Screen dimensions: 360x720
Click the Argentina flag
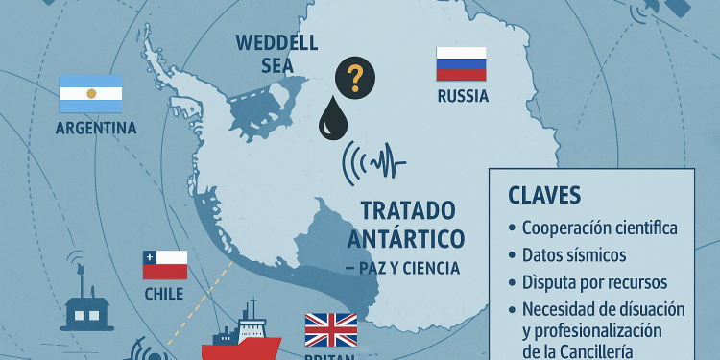point(91,93)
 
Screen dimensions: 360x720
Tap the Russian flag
point(462,64)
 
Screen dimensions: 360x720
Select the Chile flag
point(164,264)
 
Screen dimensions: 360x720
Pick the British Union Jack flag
point(330,329)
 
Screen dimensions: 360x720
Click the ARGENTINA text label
point(96,128)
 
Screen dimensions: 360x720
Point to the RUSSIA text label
point(463,96)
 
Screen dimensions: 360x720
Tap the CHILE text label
point(163,293)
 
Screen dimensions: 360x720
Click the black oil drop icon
point(335,119)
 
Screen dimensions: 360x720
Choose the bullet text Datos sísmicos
point(574,255)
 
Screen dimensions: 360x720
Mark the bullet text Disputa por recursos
point(595,282)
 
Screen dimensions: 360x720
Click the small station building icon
point(86,308)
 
